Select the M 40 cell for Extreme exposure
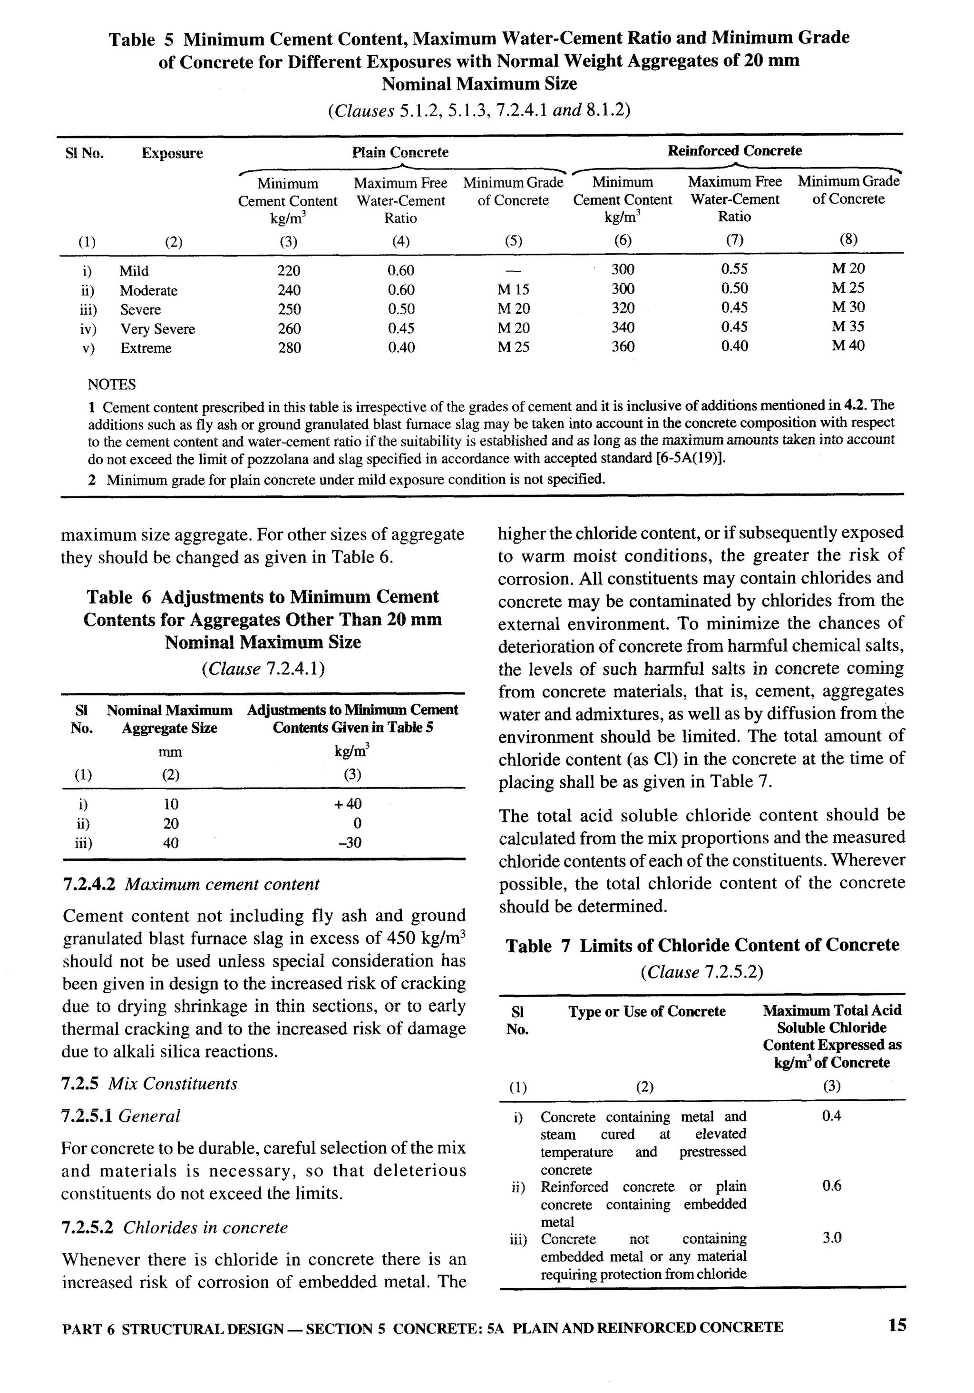848,346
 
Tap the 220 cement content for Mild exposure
289,271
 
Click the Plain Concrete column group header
400,152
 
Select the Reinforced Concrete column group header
734,150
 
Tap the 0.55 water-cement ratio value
734,269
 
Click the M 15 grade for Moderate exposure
513,290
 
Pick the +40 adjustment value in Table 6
348,804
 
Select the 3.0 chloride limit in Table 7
831,1238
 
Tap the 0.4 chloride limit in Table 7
831,1116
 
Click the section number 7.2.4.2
89,884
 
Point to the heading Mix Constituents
173,1084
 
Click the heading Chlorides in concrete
205,1227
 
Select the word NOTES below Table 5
112,385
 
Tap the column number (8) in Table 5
848,239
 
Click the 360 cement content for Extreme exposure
623,346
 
